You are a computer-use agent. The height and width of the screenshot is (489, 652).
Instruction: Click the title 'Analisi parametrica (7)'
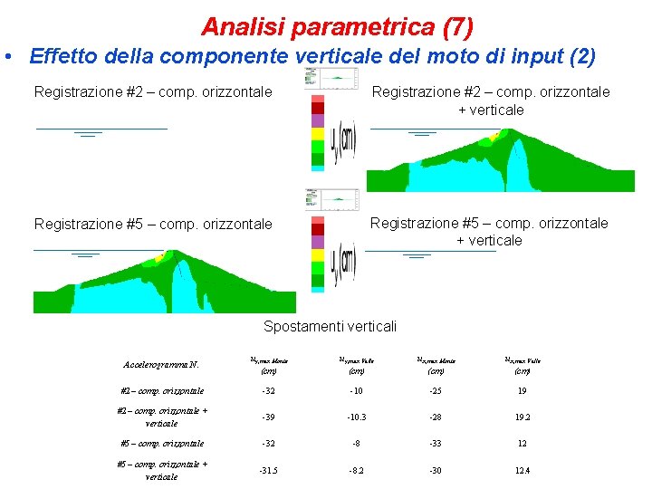pyautogui.click(x=337, y=27)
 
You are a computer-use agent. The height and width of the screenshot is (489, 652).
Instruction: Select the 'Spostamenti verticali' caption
pyautogui.click(x=330, y=326)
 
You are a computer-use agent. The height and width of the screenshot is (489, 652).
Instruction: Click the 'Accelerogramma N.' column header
pyautogui.click(x=159, y=365)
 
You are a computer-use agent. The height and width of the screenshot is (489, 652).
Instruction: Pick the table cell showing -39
pyautogui.click(x=268, y=417)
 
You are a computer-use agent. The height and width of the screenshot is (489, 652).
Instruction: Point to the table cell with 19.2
pyautogui.click(x=523, y=417)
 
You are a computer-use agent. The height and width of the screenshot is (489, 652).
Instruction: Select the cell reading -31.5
pyautogui.click(x=268, y=471)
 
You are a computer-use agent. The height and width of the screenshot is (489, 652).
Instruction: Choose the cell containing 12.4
pyautogui.click(x=523, y=471)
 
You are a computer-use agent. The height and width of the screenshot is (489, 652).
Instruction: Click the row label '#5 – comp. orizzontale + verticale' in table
pyautogui.click(x=163, y=470)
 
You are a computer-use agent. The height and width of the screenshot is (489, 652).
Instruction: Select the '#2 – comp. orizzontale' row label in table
pyautogui.click(x=162, y=391)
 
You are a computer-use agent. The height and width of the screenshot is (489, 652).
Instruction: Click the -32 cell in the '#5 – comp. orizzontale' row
pyautogui.click(x=268, y=444)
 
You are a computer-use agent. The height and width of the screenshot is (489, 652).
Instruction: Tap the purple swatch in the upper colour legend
pyautogui.click(x=317, y=120)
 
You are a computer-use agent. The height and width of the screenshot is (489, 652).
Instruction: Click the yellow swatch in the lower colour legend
pyautogui.click(x=317, y=256)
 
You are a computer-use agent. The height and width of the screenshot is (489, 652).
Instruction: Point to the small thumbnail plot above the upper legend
pyautogui.click(x=332, y=78)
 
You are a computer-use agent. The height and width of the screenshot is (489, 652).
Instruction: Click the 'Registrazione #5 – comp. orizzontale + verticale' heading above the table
pyautogui.click(x=489, y=231)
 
